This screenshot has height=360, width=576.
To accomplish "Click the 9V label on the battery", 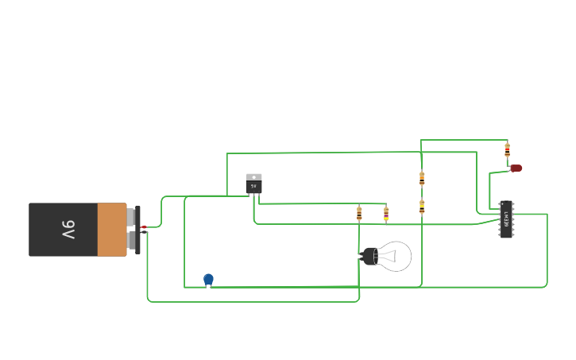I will pyautogui.click(x=68, y=230).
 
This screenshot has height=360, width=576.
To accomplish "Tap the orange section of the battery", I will pyautogui.click(x=112, y=230).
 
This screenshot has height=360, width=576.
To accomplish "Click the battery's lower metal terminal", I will pyautogui.click(x=131, y=240).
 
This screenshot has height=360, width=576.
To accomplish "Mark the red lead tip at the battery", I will pyautogui.click(x=144, y=227).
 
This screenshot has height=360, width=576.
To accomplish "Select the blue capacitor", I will pyautogui.click(x=208, y=279).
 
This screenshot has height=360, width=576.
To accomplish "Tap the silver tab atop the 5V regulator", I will pyautogui.click(x=253, y=177).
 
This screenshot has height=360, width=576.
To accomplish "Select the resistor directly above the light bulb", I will pyautogui.click(x=359, y=213).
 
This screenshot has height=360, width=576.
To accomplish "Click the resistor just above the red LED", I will pyautogui.click(x=507, y=149).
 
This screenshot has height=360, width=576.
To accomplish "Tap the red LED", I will pyautogui.click(x=516, y=168).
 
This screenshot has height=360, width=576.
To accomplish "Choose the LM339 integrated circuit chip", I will pyautogui.click(x=506, y=219).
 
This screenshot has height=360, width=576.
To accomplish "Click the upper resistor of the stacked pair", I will pyautogui.click(x=422, y=179).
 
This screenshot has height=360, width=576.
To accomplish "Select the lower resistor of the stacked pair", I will pyautogui.click(x=422, y=207).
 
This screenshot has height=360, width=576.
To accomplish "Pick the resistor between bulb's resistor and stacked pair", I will pyautogui.click(x=386, y=213).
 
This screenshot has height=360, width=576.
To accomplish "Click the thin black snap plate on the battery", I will pyautogui.click(x=137, y=230).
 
